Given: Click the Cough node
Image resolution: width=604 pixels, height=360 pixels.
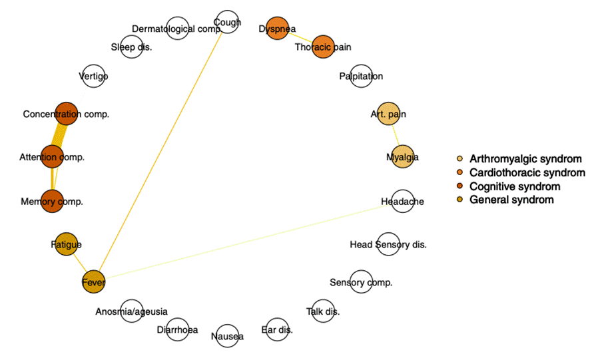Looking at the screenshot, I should coord(228,22).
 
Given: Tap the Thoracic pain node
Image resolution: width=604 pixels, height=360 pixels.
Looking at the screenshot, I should coord(322,47).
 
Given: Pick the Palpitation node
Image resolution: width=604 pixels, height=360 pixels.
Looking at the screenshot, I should coord(361,76).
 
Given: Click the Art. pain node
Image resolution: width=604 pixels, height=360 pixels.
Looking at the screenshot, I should coord(388,114).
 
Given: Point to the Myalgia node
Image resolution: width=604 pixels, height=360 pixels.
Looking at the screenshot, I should coord(402,157).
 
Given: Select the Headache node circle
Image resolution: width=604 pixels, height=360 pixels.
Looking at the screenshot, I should coord(402,201).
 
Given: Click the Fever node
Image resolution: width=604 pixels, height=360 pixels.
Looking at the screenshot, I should coord(93,282).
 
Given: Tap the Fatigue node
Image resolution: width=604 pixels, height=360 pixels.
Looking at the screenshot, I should coord(66,244).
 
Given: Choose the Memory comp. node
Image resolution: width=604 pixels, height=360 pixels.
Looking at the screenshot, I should coord(52,201).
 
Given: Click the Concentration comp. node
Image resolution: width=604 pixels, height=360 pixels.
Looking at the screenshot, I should coord(66,114).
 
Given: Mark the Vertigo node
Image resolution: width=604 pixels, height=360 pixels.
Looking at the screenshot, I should coord(93,76).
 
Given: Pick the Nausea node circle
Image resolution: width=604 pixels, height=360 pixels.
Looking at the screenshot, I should coord(227,336).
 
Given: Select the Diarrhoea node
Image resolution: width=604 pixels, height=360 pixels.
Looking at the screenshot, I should coord(177,329).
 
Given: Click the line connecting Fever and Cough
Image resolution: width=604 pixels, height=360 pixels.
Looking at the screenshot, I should coord(160,153).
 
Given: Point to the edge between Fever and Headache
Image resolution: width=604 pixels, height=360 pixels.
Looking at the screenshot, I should coord(246,242).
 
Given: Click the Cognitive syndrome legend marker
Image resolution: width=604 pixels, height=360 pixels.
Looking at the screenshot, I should coord(460,186).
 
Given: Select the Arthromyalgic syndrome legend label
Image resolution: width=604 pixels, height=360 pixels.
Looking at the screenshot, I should coord(525,159).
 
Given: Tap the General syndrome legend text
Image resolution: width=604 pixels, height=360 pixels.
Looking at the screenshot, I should coord(511,200).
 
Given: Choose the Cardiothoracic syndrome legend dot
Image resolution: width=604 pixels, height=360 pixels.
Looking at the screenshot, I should coord(460,173).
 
